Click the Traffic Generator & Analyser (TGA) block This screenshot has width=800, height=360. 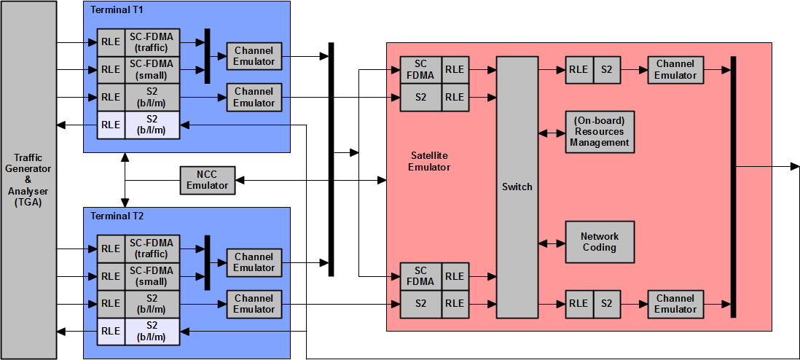[x=28, y=179]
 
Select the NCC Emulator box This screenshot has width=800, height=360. [x=208, y=179]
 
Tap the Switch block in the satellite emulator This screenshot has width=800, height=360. [x=517, y=187]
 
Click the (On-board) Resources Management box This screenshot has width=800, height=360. [x=600, y=132]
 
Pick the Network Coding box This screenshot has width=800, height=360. [x=600, y=242]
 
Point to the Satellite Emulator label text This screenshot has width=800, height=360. [x=429, y=162]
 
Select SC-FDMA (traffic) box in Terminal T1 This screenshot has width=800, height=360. [x=151, y=42]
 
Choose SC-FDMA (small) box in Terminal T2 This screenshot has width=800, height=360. [x=151, y=276]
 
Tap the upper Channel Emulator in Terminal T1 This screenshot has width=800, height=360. [x=254, y=56]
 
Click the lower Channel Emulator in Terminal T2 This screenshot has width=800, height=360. [x=254, y=304]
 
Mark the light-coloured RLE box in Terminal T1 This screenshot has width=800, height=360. [x=111, y=125]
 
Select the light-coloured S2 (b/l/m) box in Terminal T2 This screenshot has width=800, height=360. [x=151, y=331]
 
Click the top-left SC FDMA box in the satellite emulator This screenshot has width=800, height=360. [x=420, y=70]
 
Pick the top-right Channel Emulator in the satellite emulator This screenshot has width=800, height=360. [x=675, y=70]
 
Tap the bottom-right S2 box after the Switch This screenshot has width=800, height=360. [x=606, y=304]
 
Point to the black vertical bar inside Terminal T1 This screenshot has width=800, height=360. [x=208, y=56]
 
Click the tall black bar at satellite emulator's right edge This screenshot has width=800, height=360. [x=733, y=187]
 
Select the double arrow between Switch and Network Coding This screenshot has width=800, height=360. [x=552, y=243]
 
